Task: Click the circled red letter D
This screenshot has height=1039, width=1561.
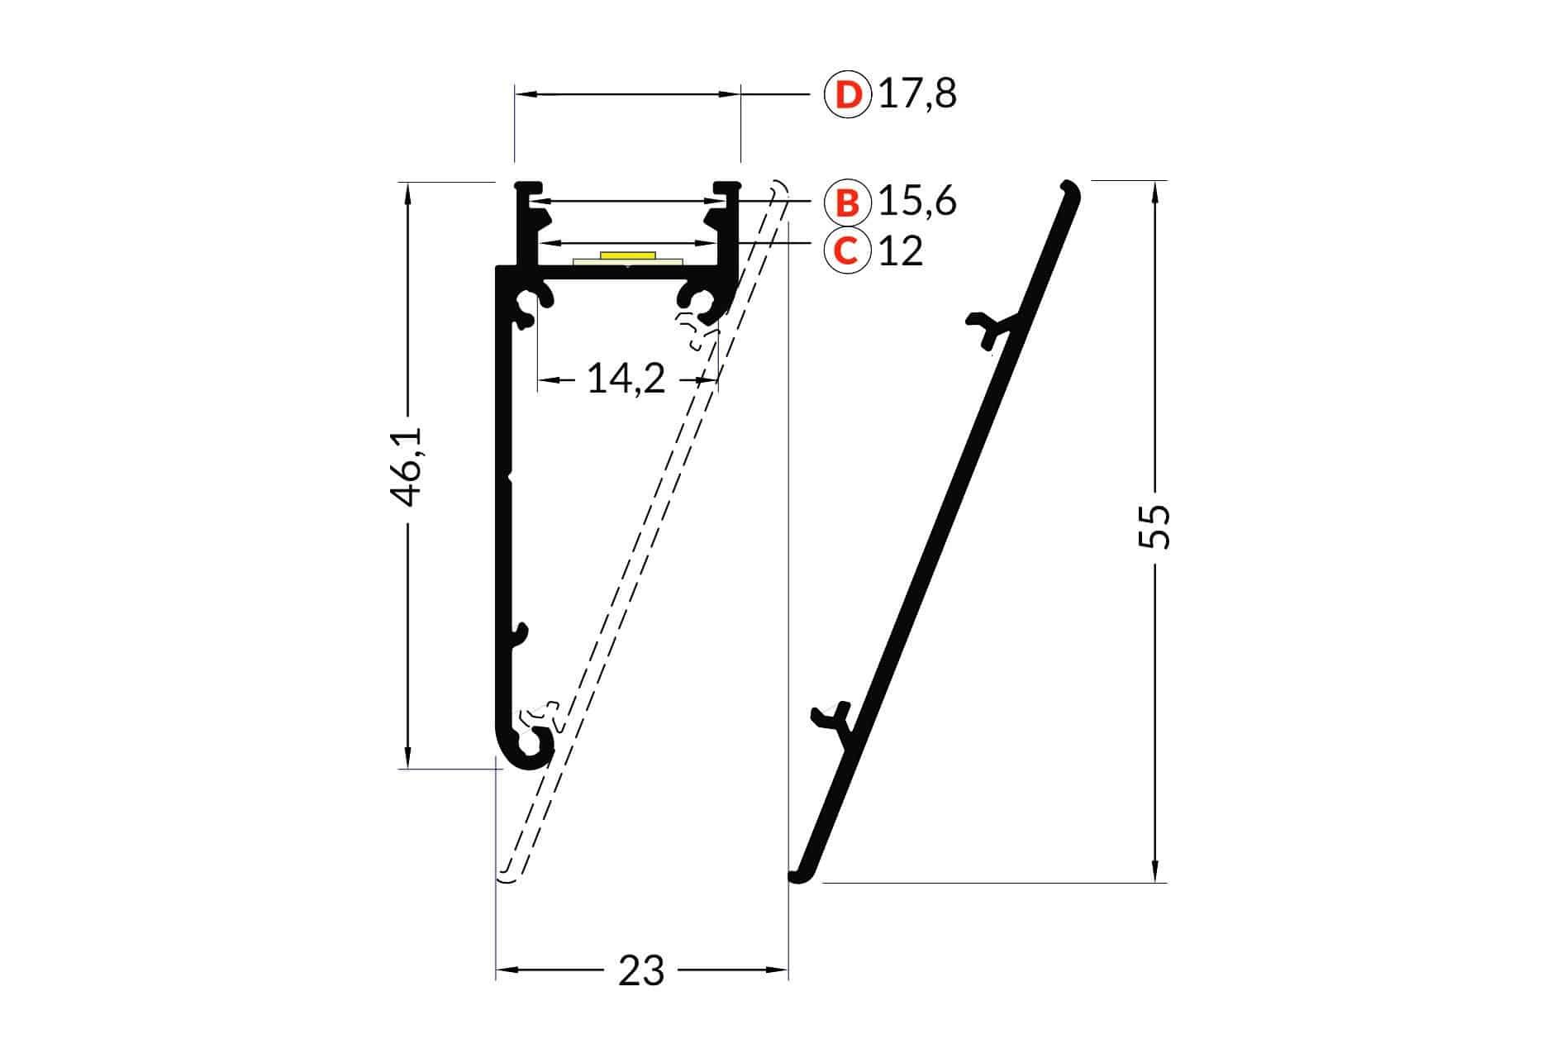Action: (x=847, y=95)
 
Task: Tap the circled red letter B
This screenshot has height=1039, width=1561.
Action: (x=847, y=202)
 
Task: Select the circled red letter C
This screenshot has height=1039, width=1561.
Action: (x=847, y=250)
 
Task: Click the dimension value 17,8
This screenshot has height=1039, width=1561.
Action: (x=917, y=95)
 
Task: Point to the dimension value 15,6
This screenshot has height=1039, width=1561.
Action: (x=917, y=202)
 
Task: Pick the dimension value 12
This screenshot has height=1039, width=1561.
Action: (x=901, y=250)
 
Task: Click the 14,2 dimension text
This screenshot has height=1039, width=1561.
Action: (x=626, y=379)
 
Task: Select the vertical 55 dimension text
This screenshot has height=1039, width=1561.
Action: (x=1154, y=527)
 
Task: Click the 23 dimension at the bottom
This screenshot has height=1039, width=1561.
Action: (x=641, y=970)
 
